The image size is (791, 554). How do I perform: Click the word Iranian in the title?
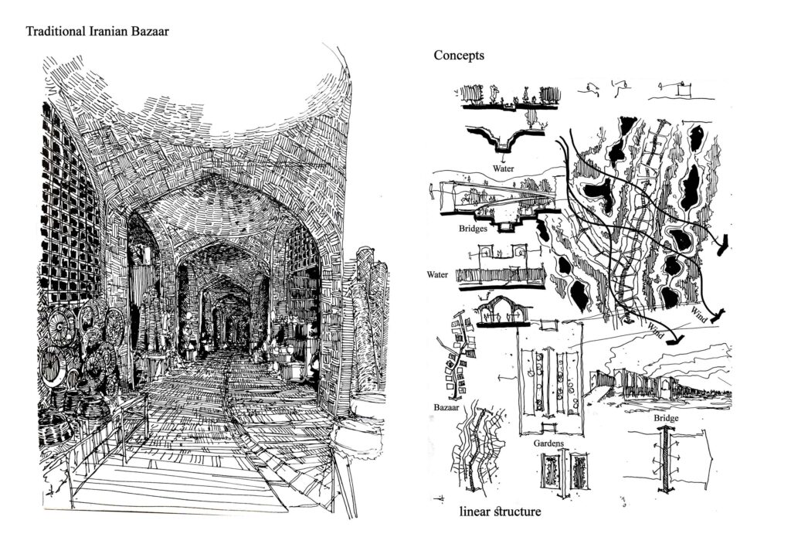click(110, 31)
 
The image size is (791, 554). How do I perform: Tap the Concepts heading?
click(459, 56)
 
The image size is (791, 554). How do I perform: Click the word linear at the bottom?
click(475, 512)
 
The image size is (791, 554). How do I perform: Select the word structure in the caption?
click(517, 512)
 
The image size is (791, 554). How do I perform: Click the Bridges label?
click(473, 229)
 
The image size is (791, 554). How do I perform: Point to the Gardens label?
click(549, 444)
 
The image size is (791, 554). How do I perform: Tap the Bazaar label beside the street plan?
click(446, 407)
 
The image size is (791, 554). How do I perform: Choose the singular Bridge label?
click(666, 418)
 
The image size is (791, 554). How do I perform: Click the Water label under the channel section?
click(504, 168)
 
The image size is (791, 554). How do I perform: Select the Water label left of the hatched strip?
click(437, 275)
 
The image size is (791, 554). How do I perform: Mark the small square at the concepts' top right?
click(684, 90)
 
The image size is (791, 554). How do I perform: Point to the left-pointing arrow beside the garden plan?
click(507, 378)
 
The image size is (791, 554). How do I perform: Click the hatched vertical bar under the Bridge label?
click(665, 459)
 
